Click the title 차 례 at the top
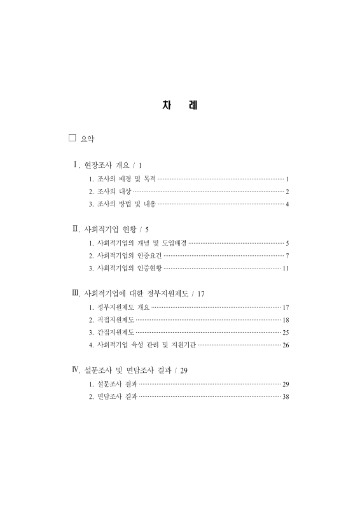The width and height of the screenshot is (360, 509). (180, 106)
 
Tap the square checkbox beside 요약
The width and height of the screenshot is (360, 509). (72, 138)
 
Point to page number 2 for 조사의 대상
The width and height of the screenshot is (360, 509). (287, 192)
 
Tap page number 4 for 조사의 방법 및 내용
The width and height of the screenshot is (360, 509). (287, 204)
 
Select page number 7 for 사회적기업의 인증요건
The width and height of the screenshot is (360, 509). (287, 255)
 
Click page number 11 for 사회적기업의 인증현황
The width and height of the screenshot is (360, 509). (286, 268)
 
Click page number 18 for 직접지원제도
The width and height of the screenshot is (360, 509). (286, 319)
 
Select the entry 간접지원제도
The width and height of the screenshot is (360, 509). (111, 332)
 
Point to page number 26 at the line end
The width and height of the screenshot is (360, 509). (286, 345)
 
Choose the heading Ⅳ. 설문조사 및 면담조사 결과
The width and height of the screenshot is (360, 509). (130, 370)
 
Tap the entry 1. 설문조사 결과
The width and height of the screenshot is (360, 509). (113, 384)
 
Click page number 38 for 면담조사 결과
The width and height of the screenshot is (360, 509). (286, 396)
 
